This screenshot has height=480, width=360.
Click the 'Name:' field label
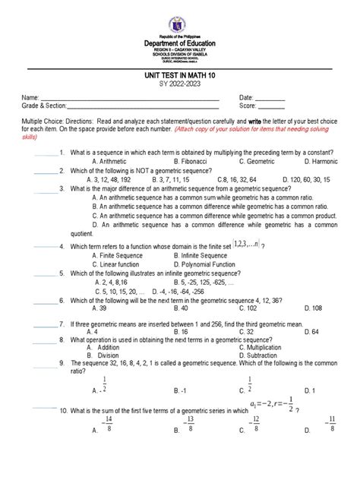[x=31, y=120]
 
